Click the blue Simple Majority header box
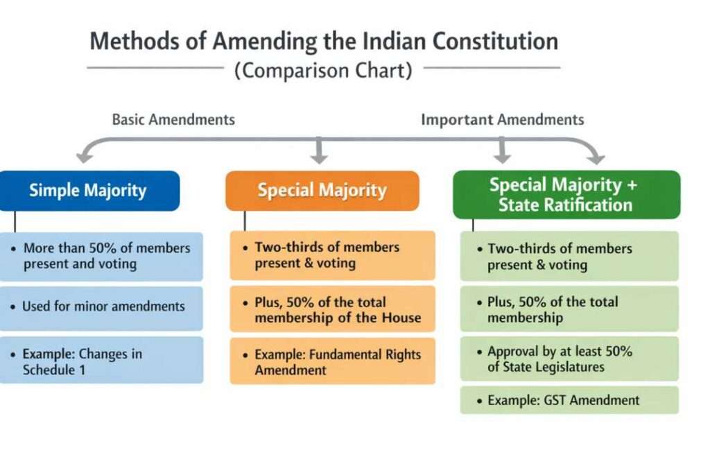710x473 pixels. (x=89, y=191)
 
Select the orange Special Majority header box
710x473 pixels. (x=322, y=191)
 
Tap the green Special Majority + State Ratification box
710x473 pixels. (x=566, y=194)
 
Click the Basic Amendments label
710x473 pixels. (x=173, y=119)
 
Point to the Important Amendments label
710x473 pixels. (x=503, y=119)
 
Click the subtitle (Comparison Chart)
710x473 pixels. (x=323, y=70)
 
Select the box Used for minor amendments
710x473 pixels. (x=101, y=307)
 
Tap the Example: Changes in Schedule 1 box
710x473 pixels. (x=101, y=361)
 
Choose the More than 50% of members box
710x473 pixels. (x=101, y=255)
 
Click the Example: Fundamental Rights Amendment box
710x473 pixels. (x=333, y=361)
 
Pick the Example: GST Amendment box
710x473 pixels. (x=569, y=400)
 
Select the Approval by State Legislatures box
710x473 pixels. (x=569, y=359)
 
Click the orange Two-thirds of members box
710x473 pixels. (x=333, y=255)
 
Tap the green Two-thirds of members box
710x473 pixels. (x=569, y=256)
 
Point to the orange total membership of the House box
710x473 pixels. (x=333, y=310)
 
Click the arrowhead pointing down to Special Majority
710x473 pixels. (x=319, y=158)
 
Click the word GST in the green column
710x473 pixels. (x=547, y=400)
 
